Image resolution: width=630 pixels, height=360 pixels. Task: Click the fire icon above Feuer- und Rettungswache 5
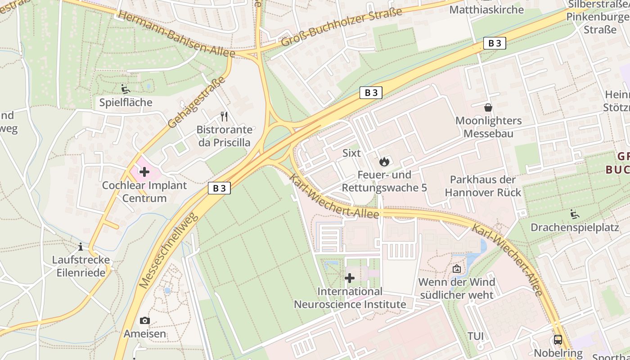pyautogui.click(x=384, y=162)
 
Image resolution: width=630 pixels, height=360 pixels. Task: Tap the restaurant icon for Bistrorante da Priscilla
pyautogui.click(x=224, y=117)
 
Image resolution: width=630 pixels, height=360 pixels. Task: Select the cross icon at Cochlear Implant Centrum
pyautogui.click(x=144, y=171)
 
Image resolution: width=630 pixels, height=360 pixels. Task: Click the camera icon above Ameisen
pyautogui.click(x=144, y=320)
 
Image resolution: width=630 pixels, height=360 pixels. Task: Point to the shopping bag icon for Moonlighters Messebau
pyautogui.click(x=488, y=108)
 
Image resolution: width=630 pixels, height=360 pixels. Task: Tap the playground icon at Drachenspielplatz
pyautogui.click(x=574, y=214)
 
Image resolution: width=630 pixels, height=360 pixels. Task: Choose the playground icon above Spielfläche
pyautogui.click(x=125, y=89)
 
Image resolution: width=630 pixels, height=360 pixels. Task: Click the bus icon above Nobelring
pyautogui.click(x=558, y=340)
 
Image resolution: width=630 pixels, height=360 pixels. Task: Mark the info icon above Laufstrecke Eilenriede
pyautogui.click(x=81, y=247)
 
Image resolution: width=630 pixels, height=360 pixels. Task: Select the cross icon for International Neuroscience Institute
pyautogui.click(x=349, y=278)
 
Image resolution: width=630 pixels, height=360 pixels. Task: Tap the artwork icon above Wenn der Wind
pyautogui.click(x=456, y=269)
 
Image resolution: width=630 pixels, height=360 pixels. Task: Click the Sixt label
pyautogui.click(x=351, y=153)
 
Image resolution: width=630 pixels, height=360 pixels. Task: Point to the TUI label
pyautogui.click(x=475, y=336)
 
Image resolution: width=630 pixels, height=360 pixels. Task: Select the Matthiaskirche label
pyautogui.click(x=486, y=9)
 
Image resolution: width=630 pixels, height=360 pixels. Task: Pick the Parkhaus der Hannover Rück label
pyautogui.click(x=483, y=186)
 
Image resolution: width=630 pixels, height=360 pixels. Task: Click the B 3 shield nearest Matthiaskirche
pyautogui.click(x=495, y=43)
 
